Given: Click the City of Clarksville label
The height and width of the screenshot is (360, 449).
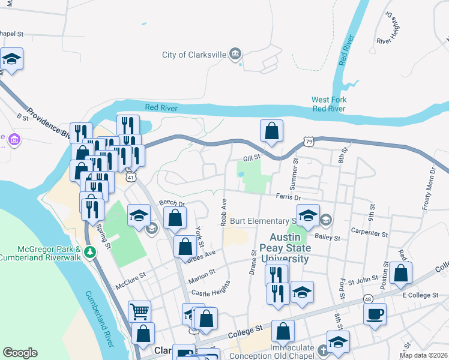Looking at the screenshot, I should [x=194, y=55].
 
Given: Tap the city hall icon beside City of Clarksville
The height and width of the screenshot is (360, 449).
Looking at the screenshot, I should [x=236, y=55].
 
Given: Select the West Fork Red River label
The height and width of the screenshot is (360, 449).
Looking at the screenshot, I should [x=329, y=104].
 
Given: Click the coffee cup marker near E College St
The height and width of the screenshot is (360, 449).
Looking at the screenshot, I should [x=375, y=314].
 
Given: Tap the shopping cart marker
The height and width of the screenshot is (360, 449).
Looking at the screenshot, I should [x=139, y=311].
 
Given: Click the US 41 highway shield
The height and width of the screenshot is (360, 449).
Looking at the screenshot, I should [x=131, y=177].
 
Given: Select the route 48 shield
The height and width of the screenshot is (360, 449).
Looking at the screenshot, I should [x=367, y=298].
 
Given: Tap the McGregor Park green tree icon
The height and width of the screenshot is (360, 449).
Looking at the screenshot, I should [x=90, y=251].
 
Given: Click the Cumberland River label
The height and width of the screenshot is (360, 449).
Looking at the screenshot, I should [x=98, y=317].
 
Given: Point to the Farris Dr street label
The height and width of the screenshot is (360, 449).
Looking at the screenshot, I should [x=288, y=196].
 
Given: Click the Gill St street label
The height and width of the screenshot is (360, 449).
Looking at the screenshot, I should [x=251, y=157].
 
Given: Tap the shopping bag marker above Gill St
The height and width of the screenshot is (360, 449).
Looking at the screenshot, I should [x=271, y=131].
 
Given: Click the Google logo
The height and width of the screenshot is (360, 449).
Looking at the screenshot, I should [x=20, y=353].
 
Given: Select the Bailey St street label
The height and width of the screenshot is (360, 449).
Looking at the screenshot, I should [x=328, y=238].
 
